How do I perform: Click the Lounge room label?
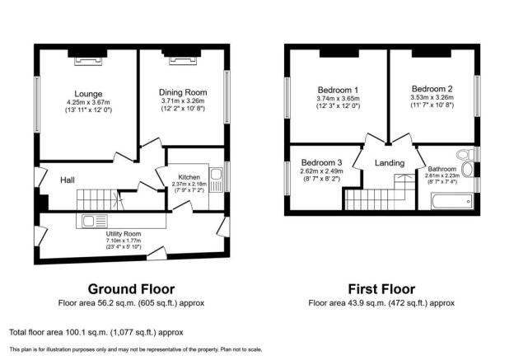tap(88, 94)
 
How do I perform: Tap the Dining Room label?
tap(183, 92)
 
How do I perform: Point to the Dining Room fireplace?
tap(183, 61)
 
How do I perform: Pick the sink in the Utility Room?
tap(88, 221)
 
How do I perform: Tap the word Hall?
tap(68, 180)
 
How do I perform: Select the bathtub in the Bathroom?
tap(452, 201)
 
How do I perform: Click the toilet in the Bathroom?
tap(466, 153)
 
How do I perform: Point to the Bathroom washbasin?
tap(468, 169)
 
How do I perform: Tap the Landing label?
tap(390, 163)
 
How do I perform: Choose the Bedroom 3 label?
tap(321, 162)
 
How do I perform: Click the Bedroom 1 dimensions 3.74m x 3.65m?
tap(338, 99)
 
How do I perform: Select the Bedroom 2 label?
tap(432, 89)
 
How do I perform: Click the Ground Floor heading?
tap(131, 289)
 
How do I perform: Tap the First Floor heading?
tap(381, 289)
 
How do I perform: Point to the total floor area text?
tap(96, 333)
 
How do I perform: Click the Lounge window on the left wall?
tap(37, 105)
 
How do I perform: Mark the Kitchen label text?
tap(189, 177)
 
